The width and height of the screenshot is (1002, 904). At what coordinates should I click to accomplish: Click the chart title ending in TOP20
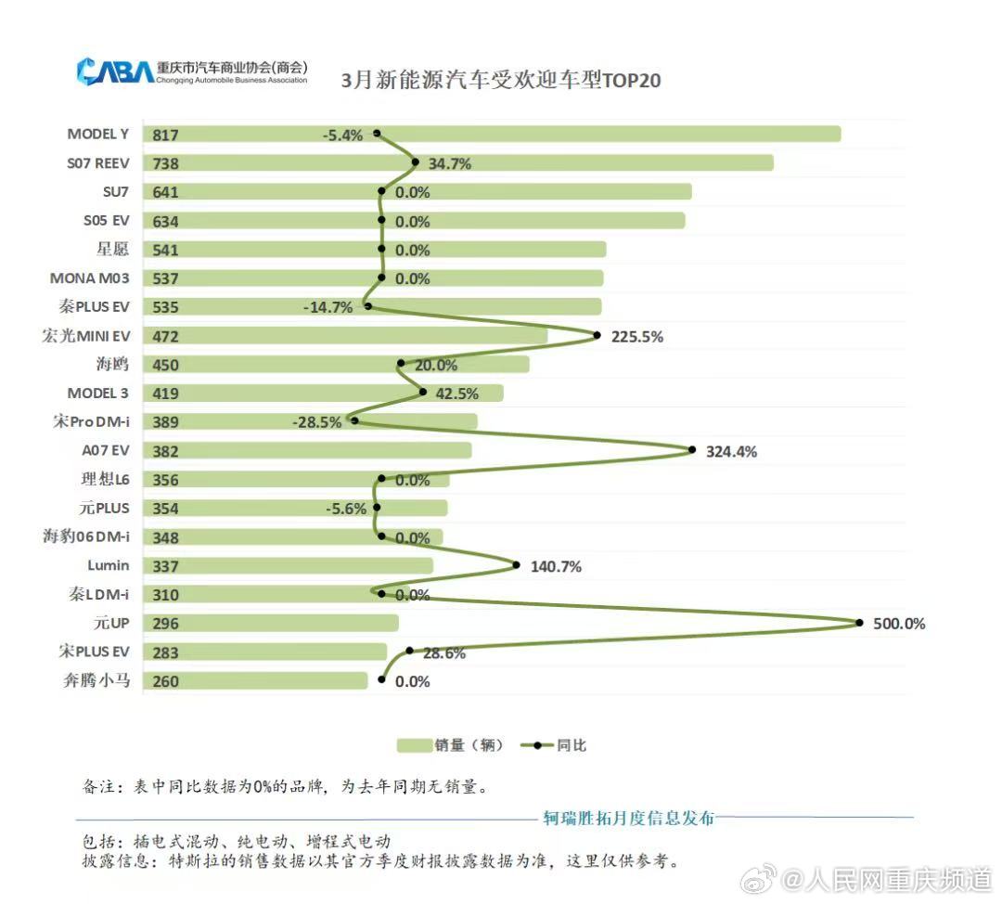500,79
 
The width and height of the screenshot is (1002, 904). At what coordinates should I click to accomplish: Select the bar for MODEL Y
492,135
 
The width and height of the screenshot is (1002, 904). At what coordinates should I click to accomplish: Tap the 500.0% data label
899,624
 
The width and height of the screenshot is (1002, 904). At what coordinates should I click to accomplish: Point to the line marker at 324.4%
692,450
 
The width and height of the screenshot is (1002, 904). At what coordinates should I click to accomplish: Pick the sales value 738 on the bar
165,163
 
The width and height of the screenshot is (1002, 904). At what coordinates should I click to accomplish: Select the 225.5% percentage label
636,337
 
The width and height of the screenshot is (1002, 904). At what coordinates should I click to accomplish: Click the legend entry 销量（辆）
450,745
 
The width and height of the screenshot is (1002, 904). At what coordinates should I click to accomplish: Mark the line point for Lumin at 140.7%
516,565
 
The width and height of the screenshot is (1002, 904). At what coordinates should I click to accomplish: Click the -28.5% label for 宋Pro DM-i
316,423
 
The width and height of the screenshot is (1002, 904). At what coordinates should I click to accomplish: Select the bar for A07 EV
307,451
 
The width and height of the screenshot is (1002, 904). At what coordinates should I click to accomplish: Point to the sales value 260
165,681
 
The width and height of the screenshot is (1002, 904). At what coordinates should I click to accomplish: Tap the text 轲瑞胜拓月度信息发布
628,818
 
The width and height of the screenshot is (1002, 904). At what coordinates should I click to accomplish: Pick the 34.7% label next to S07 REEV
449,164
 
